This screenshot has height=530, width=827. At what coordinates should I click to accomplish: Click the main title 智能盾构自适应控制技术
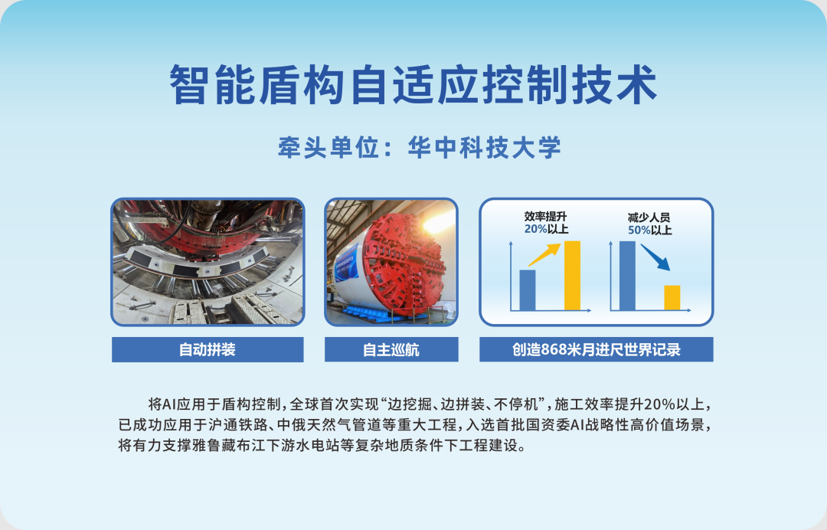[x=413, y=85]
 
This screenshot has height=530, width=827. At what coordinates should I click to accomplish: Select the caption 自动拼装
[x=208, y=350]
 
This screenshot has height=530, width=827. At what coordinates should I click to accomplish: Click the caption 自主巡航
[x=391, y=350]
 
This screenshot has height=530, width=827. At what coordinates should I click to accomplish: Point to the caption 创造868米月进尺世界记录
[x=597, y=350]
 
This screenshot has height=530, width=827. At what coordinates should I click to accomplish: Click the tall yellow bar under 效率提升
[x=572, y=275]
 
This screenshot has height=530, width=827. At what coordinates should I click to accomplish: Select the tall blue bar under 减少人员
[x=627, y=275]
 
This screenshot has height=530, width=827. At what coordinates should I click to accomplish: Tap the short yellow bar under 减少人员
[x=672, y=297]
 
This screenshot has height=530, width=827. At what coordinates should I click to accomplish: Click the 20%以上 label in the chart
[x=546, y=229]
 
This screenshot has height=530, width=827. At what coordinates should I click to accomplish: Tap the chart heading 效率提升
[x=546, y=217]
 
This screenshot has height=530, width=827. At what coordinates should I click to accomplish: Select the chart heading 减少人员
[x=649, y=218]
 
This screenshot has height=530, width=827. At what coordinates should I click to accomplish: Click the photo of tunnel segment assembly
[x=208, y=262]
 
